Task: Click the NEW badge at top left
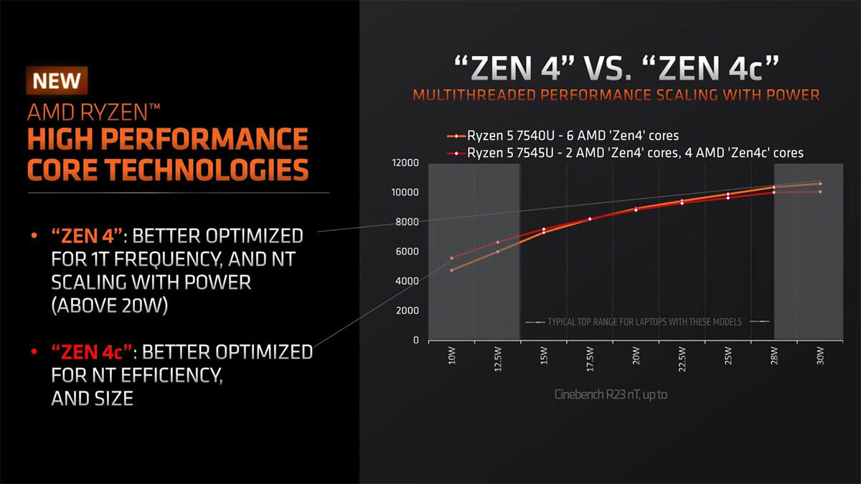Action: click(x=57, y=80)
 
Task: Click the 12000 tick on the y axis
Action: click(x=405, y=163)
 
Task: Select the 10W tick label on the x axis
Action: click(x=452, y=356)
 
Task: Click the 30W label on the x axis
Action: click(x=820, y=356)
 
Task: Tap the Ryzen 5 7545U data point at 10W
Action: click(x=452, y=258)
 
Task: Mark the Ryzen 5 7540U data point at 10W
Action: click(x=452, y=270)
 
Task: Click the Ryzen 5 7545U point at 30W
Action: click(x=820, y=191)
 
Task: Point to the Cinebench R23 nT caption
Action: click(x=611, y=394)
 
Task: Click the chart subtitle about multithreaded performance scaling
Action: click(x=615, y=95)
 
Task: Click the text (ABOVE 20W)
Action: click(x=110, y=305)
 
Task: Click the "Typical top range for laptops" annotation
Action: click(x=644, y=322)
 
